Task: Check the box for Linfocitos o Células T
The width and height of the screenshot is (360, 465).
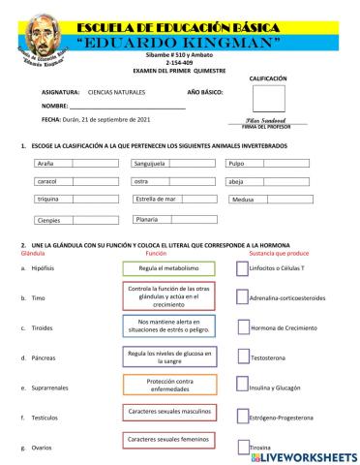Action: (242, 267)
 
